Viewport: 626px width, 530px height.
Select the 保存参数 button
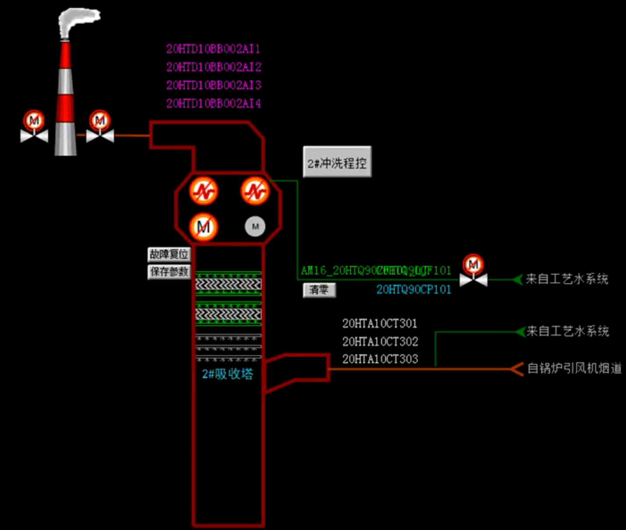(169, 272)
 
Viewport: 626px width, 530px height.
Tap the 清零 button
(319, 289)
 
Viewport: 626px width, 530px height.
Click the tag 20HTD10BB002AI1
(213, 49)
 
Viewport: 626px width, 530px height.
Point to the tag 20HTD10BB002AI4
(213, 103)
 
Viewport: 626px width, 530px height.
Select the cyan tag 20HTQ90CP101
(414, 289)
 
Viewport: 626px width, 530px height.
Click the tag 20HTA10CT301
(380, 324)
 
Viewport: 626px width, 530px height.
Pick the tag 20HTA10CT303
(380, 359)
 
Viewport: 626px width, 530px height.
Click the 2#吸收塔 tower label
(228, 374)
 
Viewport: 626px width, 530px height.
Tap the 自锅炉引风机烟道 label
(574, 368)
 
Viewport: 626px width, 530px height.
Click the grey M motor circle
(255, 227)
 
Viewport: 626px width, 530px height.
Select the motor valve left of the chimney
(34, 128)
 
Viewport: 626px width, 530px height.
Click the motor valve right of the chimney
(100, 128)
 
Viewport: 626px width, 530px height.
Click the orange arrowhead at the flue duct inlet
(517, 369)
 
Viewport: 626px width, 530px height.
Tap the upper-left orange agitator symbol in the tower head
(204, 191)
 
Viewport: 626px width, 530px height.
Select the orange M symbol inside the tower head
(204, 227)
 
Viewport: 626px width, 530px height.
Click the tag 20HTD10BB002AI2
(213, 67)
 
